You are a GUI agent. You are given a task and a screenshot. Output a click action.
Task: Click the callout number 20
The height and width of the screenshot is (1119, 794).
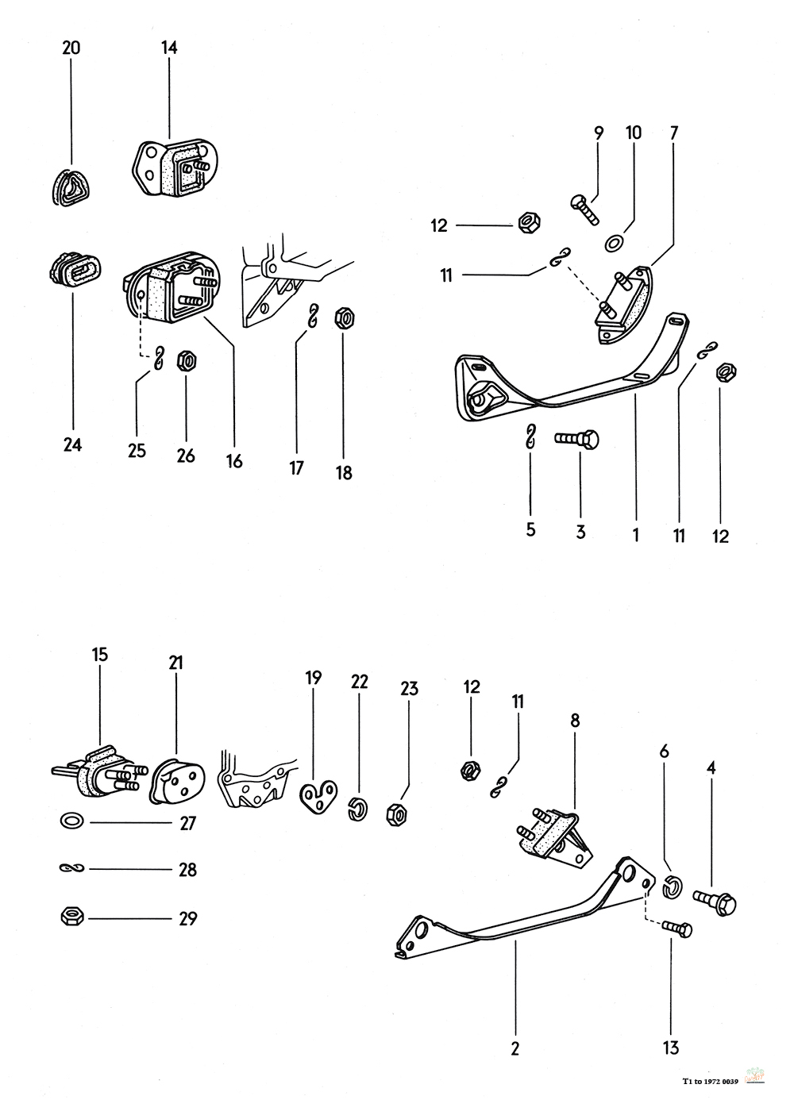[x=71, y=48]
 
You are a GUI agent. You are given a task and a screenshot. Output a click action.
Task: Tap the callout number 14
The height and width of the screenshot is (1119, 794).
[x=169, y=48]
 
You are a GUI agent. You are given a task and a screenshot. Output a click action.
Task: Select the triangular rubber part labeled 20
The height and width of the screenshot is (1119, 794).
[x=71, y=191]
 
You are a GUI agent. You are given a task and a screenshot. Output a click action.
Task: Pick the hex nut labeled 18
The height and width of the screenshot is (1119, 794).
[x=344, y=318]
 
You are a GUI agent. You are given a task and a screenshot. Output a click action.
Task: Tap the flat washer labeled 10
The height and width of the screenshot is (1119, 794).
[x=614, y=241]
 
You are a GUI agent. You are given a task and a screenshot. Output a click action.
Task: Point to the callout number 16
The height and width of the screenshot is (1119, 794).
[x=234, y=460]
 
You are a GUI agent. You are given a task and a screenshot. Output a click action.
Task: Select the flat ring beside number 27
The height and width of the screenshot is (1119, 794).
[x=70, y=821]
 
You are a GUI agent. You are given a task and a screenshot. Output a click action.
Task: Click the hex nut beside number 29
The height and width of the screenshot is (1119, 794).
[x=70, y=917]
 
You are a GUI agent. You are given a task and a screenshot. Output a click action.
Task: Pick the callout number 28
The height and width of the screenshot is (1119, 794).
[x=187, y=870]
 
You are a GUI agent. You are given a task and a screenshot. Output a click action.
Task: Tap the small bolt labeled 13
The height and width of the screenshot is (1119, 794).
[x=676, y=929]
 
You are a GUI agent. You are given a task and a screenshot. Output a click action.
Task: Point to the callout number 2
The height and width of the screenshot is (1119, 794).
[x=515, y=1048]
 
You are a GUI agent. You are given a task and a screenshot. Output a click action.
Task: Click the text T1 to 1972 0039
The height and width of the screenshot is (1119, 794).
[x=711, y=1080]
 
